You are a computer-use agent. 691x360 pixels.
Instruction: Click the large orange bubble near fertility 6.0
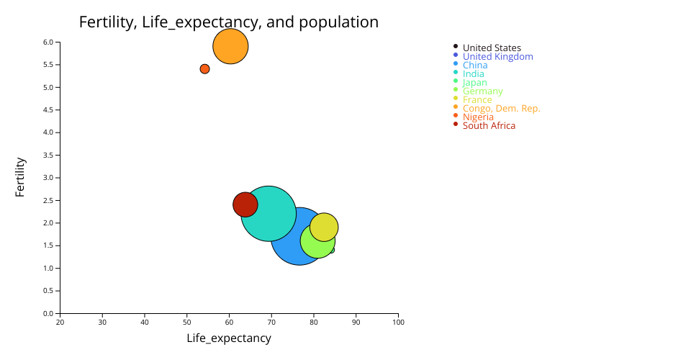click(x=230, y=47)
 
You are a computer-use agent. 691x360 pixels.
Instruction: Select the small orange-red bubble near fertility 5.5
click(x=204, y=69)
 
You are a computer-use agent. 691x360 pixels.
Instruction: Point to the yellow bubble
click(x=325, y=226)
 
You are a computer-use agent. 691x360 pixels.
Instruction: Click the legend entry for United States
click(x=492, y=48)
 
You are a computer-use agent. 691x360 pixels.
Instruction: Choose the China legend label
click(x=475, y=66)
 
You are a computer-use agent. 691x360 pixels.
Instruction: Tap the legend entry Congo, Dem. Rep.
click(x=501, y=109)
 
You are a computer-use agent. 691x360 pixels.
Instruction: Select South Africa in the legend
click(x=489, y=126)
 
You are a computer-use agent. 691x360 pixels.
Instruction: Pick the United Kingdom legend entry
click(x=497, y=57)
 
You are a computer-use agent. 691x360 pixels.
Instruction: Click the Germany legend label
click(x=482, y=91)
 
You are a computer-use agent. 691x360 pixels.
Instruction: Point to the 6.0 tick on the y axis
click(x=48, y=42)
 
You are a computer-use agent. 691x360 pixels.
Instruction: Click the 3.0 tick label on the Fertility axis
click(x=48, y=178)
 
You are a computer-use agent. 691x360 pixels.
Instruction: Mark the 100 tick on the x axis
click(x=398, y=322)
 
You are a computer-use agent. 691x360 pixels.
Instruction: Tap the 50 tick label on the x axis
click(x=187, y=322)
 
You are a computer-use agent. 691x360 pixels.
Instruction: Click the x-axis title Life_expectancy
click(x=229, y=338)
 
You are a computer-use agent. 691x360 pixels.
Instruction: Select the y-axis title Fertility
click(x=20, y=177)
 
